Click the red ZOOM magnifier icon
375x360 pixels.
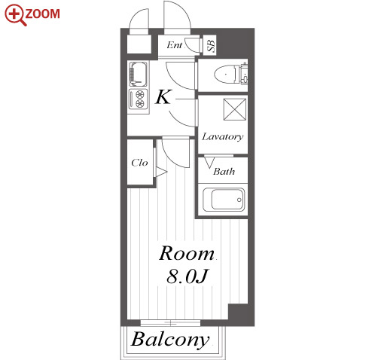pyautogui.click(x=15, y=15)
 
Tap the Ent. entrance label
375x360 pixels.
pyautogui.click(x=175, y=45)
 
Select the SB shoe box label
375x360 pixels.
pyautogui.click(x=212, y=44)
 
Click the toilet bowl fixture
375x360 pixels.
pyautogui.click(x=226, y=74)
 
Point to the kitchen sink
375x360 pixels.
pyautogui.click(x=138, y=74)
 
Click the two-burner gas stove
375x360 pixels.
pyautogui.click(x=138, y=99)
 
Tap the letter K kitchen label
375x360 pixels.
pyautogui.click(x=163, y=97)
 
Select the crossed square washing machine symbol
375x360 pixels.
pyautogui.click(x=235, y=109)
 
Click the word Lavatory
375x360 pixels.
pyautogui.click(x=223, y=137)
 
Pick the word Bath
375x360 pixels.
pyautogui.click(x=224, y=172)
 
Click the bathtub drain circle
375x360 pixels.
pyautogui.click(x=239, y=200)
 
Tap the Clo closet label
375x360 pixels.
pyautogui.click(x=139, y=163)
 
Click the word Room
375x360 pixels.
pyautogui.click(x=187, y=253)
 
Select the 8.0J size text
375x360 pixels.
pyautogui.click(x=187, y=276)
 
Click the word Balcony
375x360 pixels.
pyautogui.click(x=170, y=340)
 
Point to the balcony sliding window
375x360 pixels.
pyautogui.click(x=170, y=322)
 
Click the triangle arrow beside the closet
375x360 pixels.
pyautogui.click(x=161, y=172)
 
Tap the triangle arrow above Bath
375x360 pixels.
pyautogui.click(x=209, y=162)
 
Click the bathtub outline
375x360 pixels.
pyautogui.click(x=224, y=200)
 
